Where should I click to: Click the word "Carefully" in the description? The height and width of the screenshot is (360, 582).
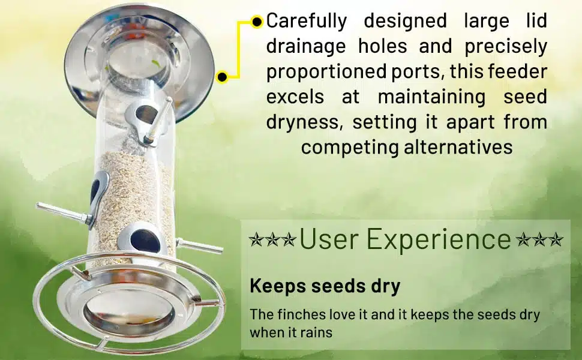coord(307,22)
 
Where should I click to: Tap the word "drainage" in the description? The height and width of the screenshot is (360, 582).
coord(306,47)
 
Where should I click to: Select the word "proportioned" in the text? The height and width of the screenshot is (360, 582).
coord(326,72)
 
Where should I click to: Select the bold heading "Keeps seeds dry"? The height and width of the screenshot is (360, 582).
coord(325,286)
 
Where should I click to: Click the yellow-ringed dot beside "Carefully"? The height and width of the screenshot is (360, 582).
coord(257,22)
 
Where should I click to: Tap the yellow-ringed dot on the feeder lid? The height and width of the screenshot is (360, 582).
coord(222,77)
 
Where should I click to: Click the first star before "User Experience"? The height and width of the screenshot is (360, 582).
coord(256,240)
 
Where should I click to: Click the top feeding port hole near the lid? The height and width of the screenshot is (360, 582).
coord(145,115)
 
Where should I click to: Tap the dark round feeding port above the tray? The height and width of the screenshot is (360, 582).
coord(145,241)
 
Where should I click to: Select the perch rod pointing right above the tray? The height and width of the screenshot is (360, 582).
coord(200,245)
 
